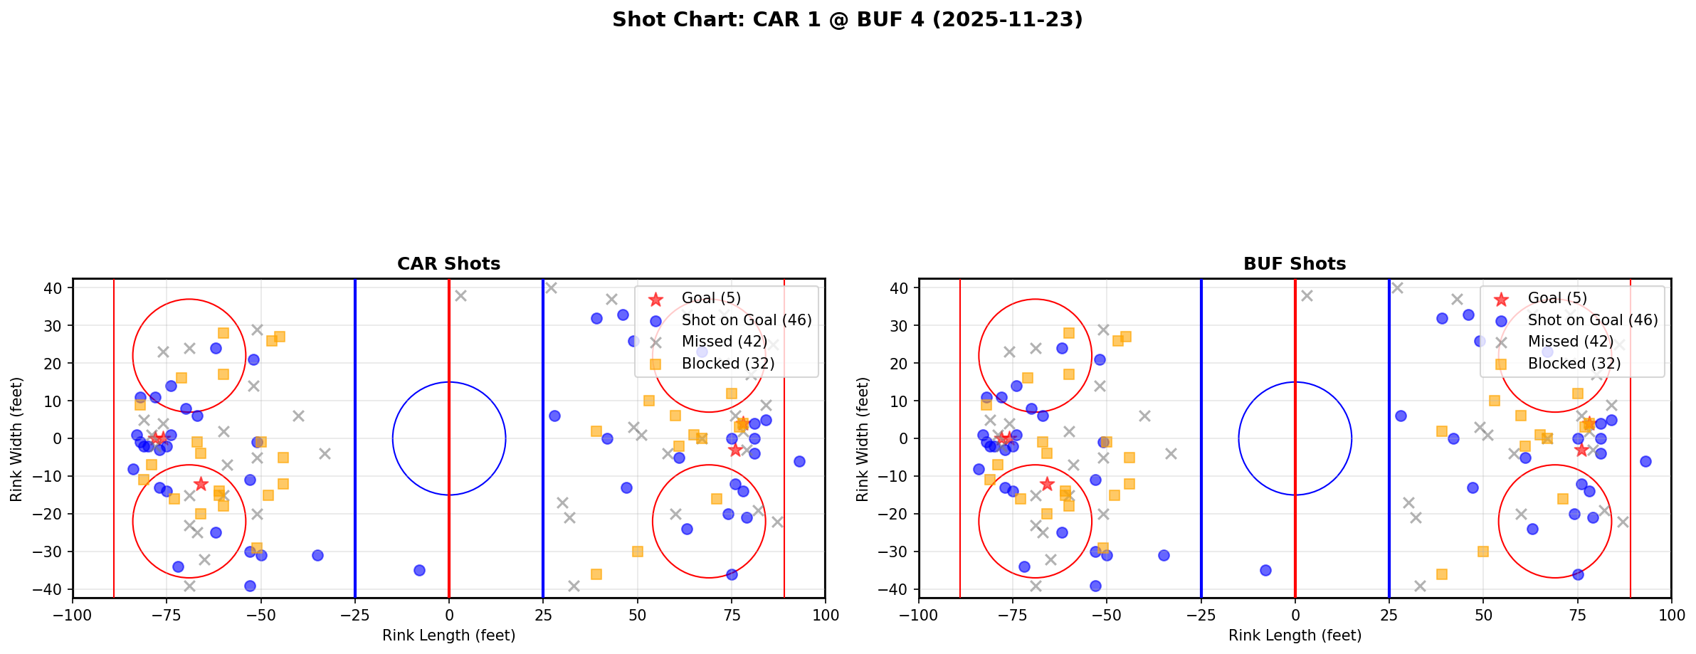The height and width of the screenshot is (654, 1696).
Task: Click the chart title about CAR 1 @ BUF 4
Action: [847, 19]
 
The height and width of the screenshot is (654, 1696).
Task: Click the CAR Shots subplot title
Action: [448, 264]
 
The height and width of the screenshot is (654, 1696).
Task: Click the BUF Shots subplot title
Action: [1294, 264]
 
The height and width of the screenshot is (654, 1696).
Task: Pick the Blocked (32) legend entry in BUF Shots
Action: [1574, 364]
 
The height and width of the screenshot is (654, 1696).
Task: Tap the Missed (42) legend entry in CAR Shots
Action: [724, 342]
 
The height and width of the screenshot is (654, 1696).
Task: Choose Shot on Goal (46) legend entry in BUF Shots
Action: [1592, 320]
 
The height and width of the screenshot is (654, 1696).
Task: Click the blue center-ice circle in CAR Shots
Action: [449, 383]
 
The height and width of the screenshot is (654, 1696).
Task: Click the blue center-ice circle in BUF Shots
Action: [1295, 383]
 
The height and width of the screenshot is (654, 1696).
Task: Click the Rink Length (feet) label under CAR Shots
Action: [448, 635]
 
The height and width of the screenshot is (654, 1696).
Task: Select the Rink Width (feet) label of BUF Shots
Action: [863, 439]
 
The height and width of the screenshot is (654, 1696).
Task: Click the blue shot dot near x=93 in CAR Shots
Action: [799, 461]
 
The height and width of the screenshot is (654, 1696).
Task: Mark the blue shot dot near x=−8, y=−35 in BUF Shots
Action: [1265, 570]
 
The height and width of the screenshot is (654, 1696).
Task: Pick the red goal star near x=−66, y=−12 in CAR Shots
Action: [201, 484]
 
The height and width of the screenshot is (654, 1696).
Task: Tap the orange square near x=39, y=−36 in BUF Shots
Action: [1442, 574]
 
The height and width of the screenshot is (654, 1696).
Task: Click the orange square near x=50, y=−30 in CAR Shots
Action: [638, 552]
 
